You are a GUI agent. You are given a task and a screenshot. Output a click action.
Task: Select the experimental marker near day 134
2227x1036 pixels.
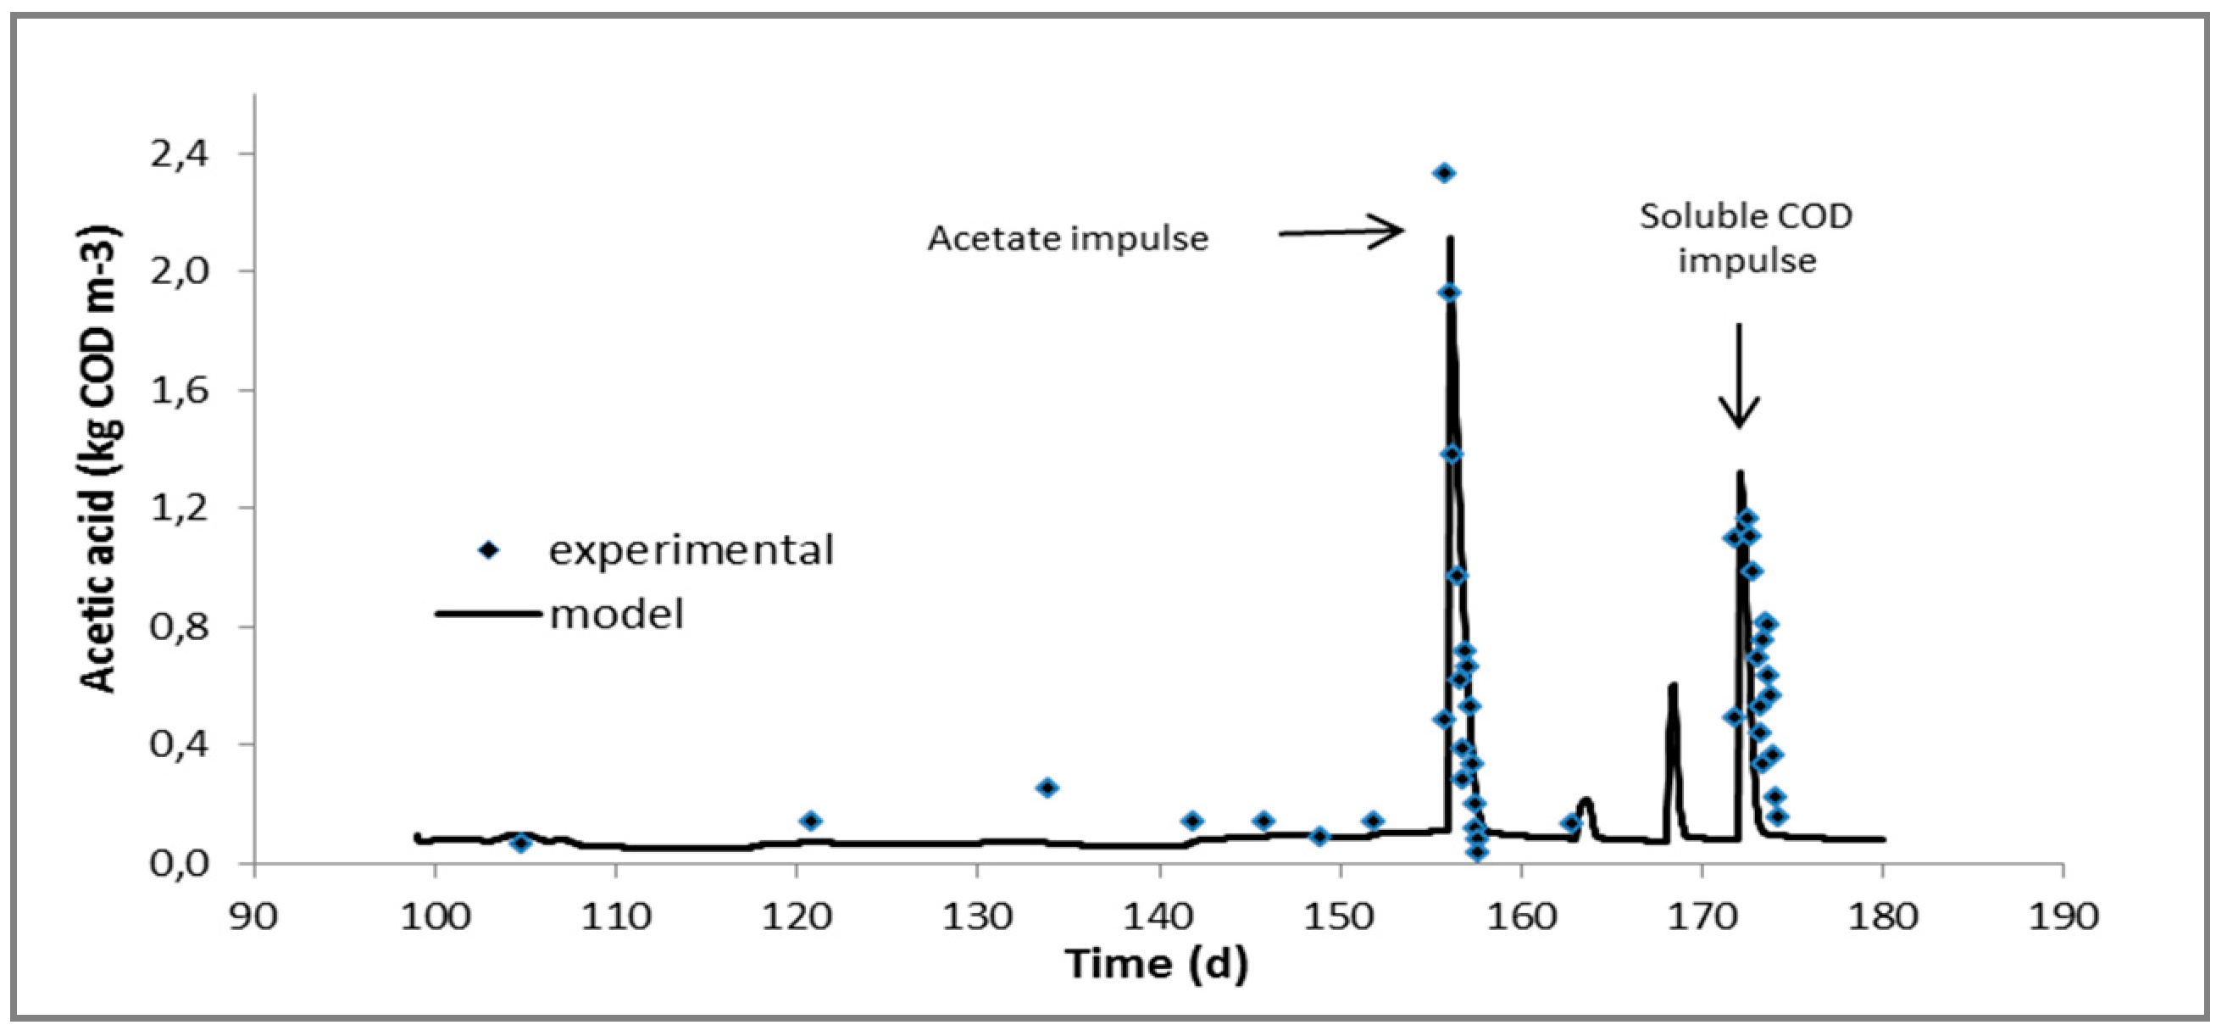click(x=1047, y=788)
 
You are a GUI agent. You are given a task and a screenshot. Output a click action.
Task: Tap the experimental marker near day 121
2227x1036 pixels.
click(x=810, y=821)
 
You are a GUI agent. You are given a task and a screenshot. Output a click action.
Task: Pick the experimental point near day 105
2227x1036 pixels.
click(x=520, y=844)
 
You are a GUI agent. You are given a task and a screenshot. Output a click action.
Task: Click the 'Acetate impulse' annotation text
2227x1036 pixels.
click(x=1068, y=238)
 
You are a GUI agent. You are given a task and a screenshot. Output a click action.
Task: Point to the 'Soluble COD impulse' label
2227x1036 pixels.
click(x=1747, y=238)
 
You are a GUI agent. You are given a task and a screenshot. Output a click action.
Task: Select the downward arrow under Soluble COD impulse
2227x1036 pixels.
click(x=1739, y=376)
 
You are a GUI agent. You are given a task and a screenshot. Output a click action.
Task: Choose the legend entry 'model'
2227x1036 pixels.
click(x=615, y=614)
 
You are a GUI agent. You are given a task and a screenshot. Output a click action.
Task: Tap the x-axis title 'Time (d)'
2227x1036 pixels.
click(x=1156, y=963)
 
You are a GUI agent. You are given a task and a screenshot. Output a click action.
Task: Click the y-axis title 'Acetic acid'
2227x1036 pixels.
click(x=100, y=459)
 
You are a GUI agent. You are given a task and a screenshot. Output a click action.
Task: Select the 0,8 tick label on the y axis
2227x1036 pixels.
click(x=180, y=627)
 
